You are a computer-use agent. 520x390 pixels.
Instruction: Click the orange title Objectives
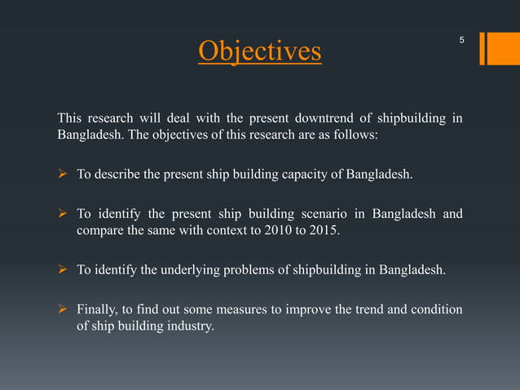pyautogui.click(x=260, y=51)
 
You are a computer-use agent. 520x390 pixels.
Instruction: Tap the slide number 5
pyautogui.click(x=462, y=40)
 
